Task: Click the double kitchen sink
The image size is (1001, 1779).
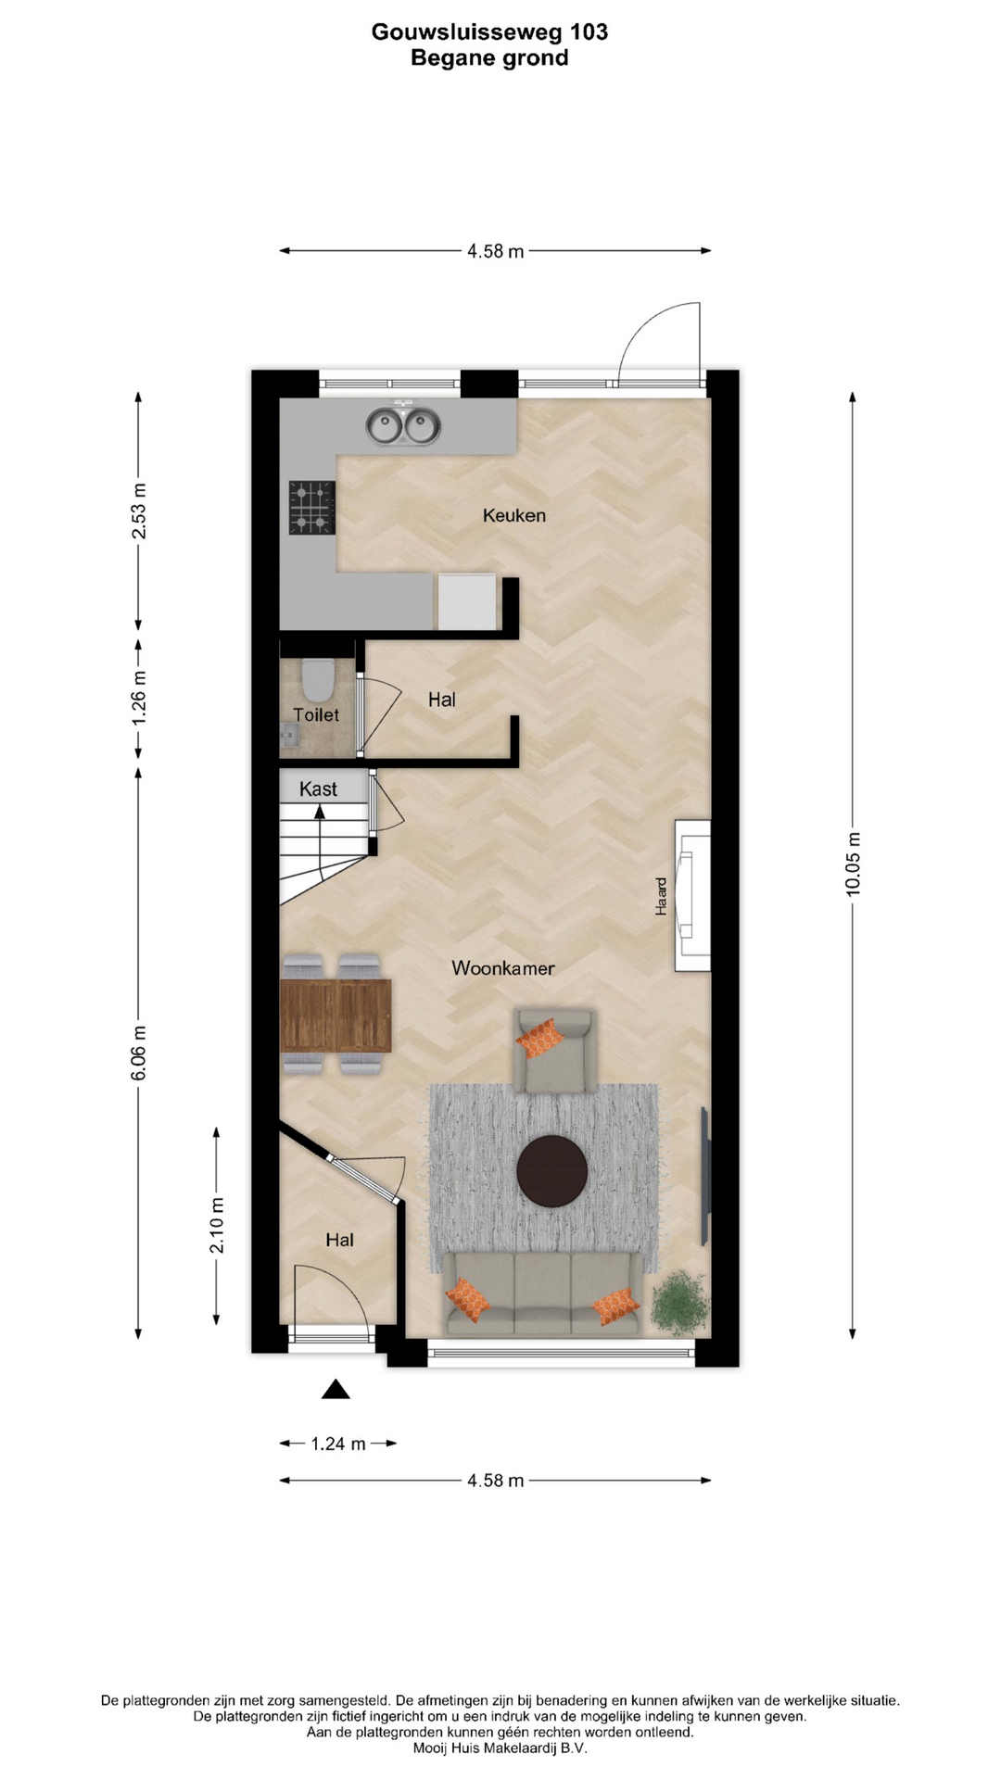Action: [x=402, y=426]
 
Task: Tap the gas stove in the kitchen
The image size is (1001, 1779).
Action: [x=311, y=508]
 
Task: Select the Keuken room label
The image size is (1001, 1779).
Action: [x=514, y=515]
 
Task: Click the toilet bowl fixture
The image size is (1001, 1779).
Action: [x=318, y=680]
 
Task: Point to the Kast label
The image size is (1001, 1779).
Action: [x=318, y=789]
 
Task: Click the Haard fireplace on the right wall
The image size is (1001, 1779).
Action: [x=692, y=895]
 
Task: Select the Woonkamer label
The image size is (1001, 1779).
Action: [x=503, y=968]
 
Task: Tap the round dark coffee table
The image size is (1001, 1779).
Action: [x=551, y=1171]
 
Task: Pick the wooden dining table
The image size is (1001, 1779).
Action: [x=336, y=1015]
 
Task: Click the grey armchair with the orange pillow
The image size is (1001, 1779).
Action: [x=554, y=1051]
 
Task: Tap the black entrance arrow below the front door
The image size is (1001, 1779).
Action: [x=336, y=1389]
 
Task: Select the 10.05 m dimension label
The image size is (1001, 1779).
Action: [x=854, y=864]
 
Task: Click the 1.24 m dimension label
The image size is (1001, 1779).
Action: [x=338, y=1444]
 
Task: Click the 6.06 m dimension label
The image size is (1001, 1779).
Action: [x=139, y=1054]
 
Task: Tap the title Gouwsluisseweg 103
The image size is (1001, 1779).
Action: [x=489, y=32]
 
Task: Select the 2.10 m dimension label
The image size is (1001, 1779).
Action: [x=217, y=1226]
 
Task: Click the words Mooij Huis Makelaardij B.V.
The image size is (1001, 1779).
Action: [x=500, y=1748]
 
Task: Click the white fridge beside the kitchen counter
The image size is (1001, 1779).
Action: [x=467, y=602]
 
